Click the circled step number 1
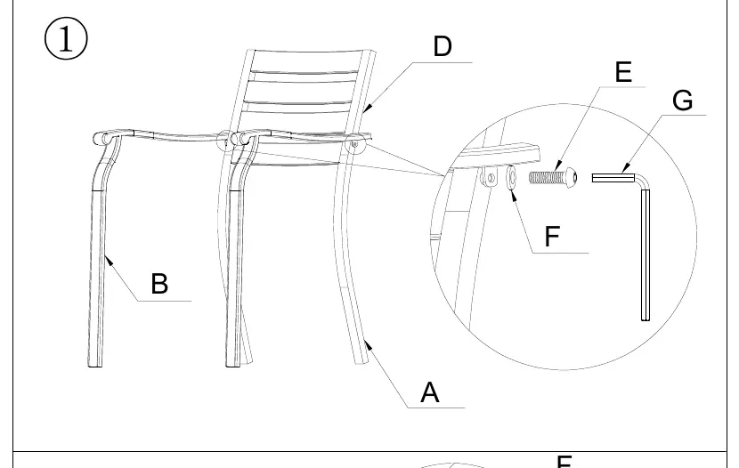(66, 38)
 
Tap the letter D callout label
(443, 46)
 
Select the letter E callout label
(623, 72)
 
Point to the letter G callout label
(682, 101)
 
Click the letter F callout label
(552, 236)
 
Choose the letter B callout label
(159, 284)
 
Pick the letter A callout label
(429, 392)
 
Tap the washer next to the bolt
(512, 178)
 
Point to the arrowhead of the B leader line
(108, 260)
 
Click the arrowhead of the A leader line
(368, 346)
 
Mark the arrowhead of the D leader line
(367, 109)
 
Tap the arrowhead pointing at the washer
(513, 196)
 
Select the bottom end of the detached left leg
(95, 364)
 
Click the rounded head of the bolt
(571, 177)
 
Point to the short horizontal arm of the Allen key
(613, 177)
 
